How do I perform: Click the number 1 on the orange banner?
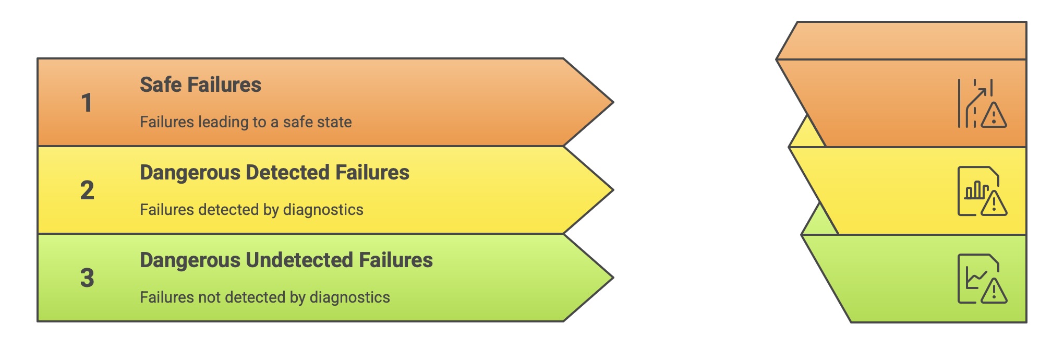coord(87,103)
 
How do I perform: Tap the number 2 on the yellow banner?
coord(87,190)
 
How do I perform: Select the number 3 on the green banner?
coord(87,278)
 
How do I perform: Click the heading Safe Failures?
coord(200,85)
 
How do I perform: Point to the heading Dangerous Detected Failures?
coord(274,173)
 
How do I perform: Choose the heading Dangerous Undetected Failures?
coord(286,260)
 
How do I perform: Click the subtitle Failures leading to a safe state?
coord(246,122)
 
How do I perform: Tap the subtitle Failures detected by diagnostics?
coord(251,210)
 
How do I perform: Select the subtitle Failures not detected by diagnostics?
coord(264,297)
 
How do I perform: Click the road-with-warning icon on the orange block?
coord(982,103)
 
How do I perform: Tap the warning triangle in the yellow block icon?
coord(994,203)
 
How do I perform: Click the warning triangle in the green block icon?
coord(994,291)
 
